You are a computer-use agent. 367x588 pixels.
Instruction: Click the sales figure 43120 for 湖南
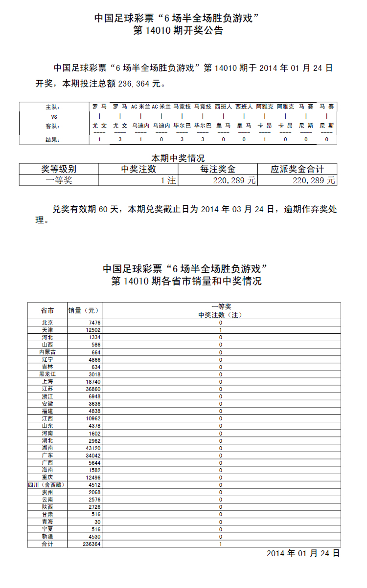[x=93, y=448]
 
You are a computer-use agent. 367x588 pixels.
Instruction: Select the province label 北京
[x=47, y=323]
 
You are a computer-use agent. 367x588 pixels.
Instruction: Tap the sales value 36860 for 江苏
[x=92, y=389]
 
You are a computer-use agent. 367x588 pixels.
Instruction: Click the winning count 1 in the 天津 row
[x=221, y=330]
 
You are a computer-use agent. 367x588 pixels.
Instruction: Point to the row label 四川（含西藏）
[x=47, y=485]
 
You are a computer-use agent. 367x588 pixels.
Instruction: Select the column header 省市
[x=47, y=310]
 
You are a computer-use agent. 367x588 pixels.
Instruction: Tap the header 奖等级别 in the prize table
[x=59, y=169]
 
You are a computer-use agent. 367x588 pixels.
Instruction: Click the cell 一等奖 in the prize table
[x=59, y=180]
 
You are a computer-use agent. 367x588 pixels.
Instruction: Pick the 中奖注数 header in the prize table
[x=138, y=169]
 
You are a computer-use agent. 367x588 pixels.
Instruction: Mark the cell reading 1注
[x=168, y=180]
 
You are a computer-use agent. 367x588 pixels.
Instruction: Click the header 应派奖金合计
[x=297, y=169]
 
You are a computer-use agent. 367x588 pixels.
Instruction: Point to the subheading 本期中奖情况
[x=178, y=158]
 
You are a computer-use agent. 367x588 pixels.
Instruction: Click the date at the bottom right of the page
[x=303, y=553]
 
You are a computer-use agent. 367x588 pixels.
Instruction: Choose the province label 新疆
[x=47, y=536]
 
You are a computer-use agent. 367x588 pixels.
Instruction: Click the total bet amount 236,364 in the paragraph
[x=135, y=84]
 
